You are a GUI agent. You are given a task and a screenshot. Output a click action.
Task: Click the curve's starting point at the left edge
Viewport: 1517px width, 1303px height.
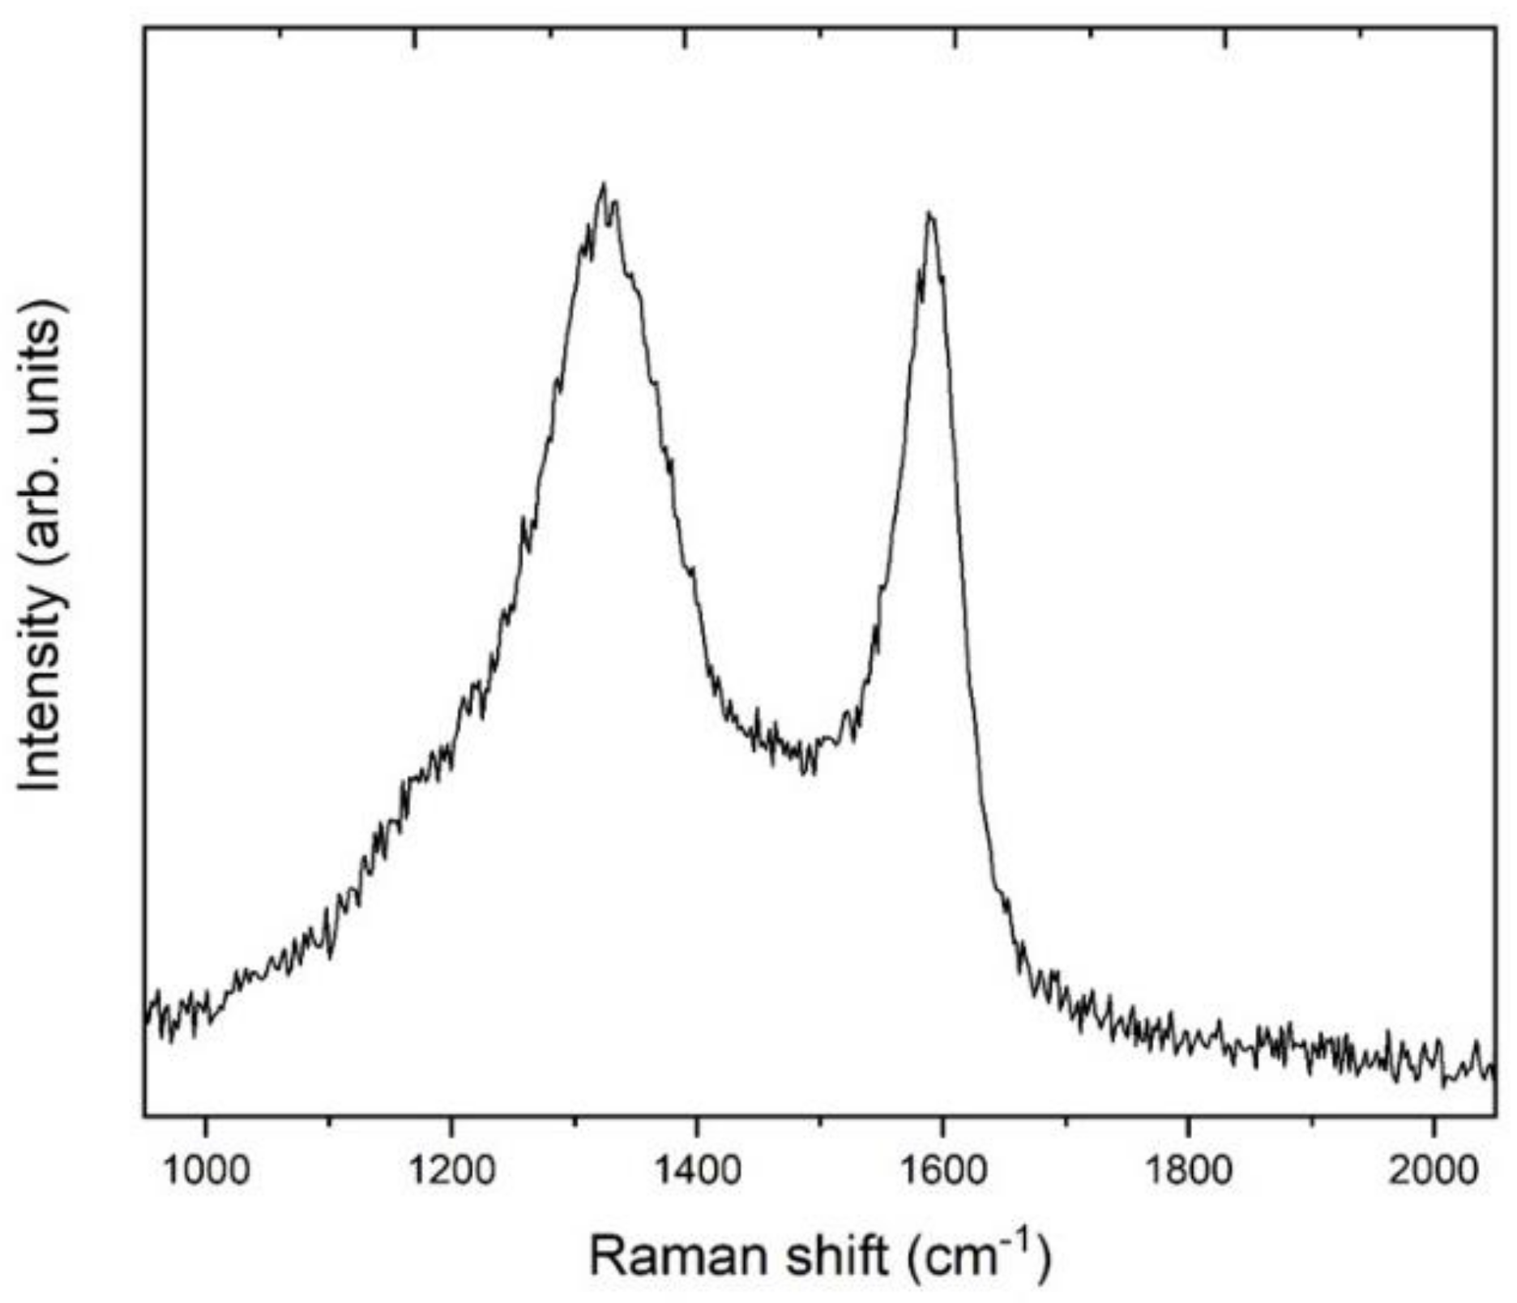(x=146, y=1023)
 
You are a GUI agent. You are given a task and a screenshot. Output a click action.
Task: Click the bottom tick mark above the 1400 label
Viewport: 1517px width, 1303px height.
(x=696, y=1111)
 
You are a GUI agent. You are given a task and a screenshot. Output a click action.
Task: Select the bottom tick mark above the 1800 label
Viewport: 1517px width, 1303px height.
(x=1188, y=1111)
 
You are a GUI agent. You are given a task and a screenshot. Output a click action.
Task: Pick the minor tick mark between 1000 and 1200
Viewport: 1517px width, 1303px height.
(x=328, y=1113)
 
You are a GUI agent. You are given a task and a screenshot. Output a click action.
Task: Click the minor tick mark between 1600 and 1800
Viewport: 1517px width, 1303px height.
(x=1065, y=1113)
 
